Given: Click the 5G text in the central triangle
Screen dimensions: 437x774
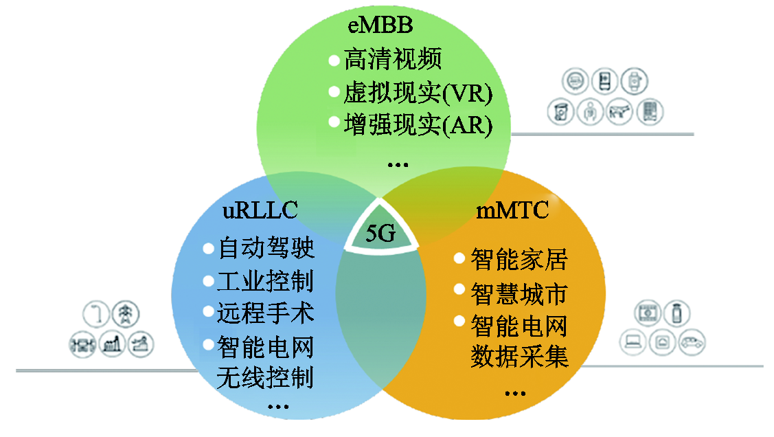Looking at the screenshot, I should pos(380,234).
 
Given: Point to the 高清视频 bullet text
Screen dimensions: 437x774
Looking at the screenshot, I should pos(392,59).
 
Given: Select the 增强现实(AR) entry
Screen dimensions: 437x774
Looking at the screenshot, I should pos(418,125).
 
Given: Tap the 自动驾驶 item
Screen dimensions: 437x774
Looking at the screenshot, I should pos(266,247).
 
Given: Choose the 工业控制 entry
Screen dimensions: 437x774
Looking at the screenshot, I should pos(266,280).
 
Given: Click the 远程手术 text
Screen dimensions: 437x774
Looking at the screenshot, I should pos(266,313).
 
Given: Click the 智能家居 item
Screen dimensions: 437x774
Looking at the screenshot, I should pos(519,260).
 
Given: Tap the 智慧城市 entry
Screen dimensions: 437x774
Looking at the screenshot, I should pos(519,293).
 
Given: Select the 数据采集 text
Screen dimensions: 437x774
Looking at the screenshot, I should pos(519,357).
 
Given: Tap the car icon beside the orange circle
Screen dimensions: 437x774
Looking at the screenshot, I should pos(692,341).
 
